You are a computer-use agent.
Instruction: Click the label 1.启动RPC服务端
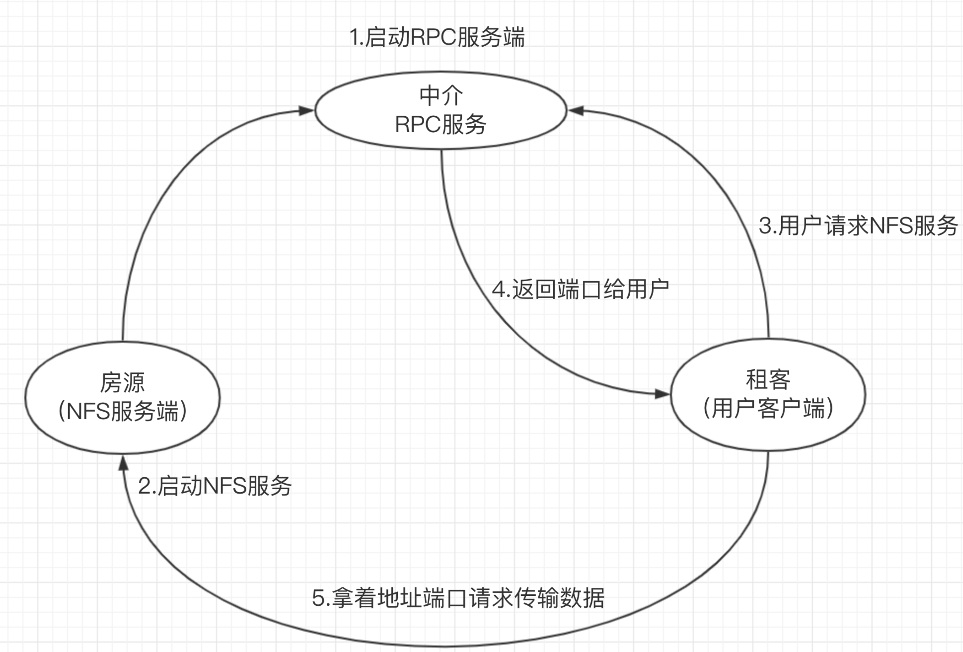pyautogui.click(x=437, y=37)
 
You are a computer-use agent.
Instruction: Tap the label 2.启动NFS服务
pyautogui.click(x=215, y=486)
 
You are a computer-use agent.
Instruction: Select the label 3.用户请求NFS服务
pyautogui.click(x=858, y=226)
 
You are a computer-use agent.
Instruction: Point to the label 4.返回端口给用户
pyautogui.click(x=580, y=289)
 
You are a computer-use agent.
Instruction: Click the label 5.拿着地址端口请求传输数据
pyautogui.click(x=458, y=598)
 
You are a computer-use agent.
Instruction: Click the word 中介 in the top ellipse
pyautogui.click(x=441, y=96)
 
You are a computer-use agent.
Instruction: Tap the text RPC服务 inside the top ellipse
pyautogui.click(x=440, y=124)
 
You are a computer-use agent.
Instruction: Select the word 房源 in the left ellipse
pyautogui.click(x=122, y=383)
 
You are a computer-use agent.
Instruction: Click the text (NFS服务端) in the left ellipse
pyautogui.click(x=123, y=412)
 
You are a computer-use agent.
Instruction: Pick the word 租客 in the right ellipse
pyautogui.click(x=768, y=380)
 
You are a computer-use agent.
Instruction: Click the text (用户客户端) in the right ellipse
pyautogui.click(x=768, y=409)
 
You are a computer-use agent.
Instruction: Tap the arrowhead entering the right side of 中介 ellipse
pyautogui.click(x=576, y=111)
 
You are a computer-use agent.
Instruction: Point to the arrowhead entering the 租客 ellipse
pyautogui.click(x=661, y=394)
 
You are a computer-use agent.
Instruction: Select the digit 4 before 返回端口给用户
pyautogui.click(x=498, y=290)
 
